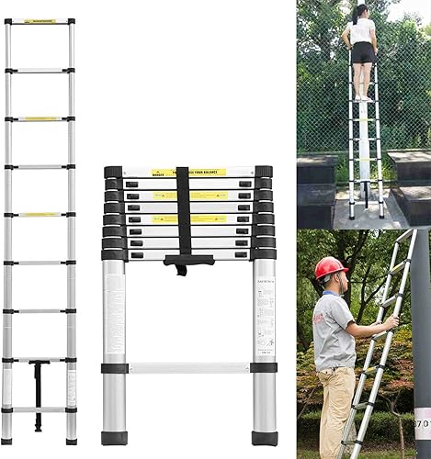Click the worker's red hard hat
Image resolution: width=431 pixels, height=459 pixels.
click(331, 267)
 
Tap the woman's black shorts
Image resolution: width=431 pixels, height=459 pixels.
click(362, 53)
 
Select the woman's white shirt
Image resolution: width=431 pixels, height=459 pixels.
click(362, 31)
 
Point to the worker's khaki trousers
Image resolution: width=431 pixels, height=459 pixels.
click(335, 413)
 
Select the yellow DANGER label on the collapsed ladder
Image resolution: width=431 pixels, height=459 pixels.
click(188, 172)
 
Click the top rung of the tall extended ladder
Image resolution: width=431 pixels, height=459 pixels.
click(39, 20)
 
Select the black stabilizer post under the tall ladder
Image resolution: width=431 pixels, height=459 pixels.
click(39, 395)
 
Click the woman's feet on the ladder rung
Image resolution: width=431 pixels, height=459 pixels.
click(364, 96)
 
